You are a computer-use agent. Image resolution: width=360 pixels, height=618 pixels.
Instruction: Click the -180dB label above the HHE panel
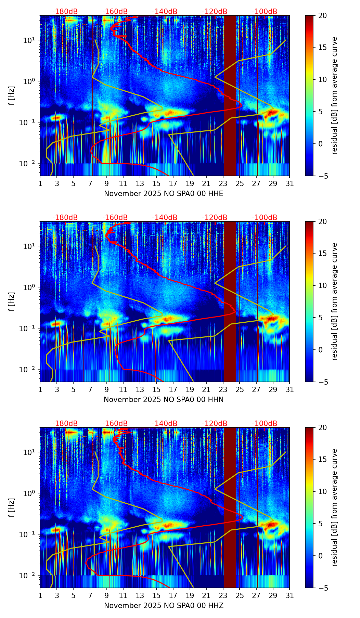tap(65, 12)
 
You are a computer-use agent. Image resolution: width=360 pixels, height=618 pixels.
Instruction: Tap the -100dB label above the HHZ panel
tap(265, 424)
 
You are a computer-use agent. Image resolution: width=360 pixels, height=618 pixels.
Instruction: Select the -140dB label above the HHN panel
tap(165, 218)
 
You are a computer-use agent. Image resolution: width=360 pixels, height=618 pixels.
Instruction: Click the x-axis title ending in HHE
tap(164, 194)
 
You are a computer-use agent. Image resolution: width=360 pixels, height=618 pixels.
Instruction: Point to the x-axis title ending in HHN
tap(164, 400)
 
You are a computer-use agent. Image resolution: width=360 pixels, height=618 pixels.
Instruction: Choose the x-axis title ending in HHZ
tap(164, 606)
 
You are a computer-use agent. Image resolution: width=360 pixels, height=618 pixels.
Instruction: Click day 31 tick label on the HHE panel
tap(290, 184)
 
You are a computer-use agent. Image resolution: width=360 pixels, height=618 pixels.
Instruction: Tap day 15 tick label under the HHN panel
tap(156, 390)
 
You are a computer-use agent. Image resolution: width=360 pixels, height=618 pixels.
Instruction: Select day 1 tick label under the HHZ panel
tap(40, 596)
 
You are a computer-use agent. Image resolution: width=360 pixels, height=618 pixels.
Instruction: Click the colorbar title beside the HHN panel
tap(335, 301)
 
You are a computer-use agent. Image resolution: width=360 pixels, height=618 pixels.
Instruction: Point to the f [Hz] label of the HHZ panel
tap(12, 507)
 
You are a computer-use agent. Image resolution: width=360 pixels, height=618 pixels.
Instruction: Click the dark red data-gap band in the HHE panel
tap(230, 96)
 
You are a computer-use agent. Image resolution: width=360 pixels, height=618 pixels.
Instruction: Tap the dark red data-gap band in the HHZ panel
tap(230, 508)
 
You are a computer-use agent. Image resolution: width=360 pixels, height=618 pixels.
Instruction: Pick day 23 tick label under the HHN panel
tap(223, 390)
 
